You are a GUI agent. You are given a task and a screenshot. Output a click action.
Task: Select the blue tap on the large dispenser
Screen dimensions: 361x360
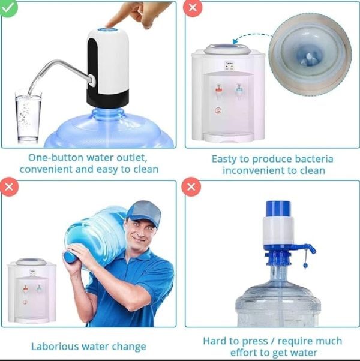239,89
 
